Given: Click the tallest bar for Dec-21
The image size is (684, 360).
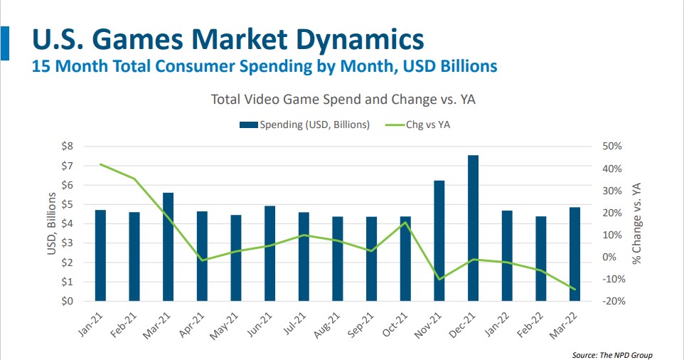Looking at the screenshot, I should [473, 228].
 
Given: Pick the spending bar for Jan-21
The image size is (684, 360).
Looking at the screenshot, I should [100, 255].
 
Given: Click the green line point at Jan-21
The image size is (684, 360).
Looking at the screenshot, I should [100, 164].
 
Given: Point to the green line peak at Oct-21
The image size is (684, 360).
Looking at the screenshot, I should [405, 223].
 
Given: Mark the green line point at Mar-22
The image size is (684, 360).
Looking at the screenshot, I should [575, 289].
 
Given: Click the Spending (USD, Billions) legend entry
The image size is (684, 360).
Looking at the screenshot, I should [305, 125].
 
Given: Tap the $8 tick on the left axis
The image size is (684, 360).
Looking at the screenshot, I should [66, 147].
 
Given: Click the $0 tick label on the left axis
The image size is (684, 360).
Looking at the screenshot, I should [66, 301].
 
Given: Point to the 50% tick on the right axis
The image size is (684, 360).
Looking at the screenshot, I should [611, 147].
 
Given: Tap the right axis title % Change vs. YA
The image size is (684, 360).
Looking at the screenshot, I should [637, 223].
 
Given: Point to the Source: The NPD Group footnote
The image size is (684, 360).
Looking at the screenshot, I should [611, 355].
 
